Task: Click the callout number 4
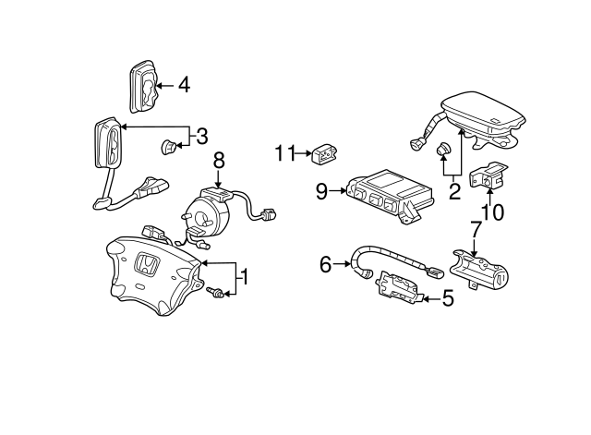pos(184,86)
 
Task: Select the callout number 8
pos(219,160)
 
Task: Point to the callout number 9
pos(321,192)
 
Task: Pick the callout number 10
pos(492,212)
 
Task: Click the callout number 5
pos(448,297)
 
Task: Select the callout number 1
pos(244,275)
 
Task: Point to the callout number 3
pos(200,137)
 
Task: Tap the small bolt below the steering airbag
pos(216,295)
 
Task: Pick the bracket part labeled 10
pos(489,175)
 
